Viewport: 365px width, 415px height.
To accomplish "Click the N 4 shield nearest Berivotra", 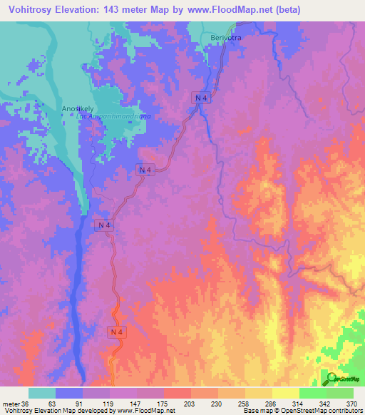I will coord(202,97).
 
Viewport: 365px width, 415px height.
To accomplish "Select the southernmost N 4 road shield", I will coord(118,332).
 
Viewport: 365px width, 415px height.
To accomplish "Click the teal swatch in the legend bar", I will coord(42,393).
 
